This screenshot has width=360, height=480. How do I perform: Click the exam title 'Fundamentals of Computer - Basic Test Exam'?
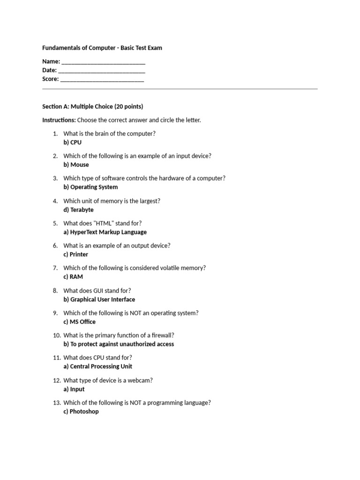coord(102,48)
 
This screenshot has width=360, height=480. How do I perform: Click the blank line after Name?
coord(103,62)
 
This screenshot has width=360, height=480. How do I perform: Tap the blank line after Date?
coord(102,71)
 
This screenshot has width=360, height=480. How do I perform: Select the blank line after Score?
coord(102,80)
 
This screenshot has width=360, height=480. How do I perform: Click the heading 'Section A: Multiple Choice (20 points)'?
coord(92,106)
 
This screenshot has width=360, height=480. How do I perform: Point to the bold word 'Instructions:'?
coord(59,120)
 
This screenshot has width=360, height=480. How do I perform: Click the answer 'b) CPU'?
coord(72,142)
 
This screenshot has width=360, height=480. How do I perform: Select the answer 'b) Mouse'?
coord(76,165)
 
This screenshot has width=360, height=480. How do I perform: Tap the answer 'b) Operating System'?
coord(90,187)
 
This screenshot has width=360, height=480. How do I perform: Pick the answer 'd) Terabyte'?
coord(78,210)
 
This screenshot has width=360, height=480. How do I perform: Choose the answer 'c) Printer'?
coord(75,255)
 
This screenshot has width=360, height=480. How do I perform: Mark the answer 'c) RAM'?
coord(73,277)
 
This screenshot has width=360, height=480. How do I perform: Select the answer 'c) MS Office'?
coord(79,322)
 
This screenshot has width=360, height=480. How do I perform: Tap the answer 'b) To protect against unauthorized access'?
coord(119,344)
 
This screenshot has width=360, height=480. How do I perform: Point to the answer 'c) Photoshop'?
coord(81,412)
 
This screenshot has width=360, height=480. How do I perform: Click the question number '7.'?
coord(55,268)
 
